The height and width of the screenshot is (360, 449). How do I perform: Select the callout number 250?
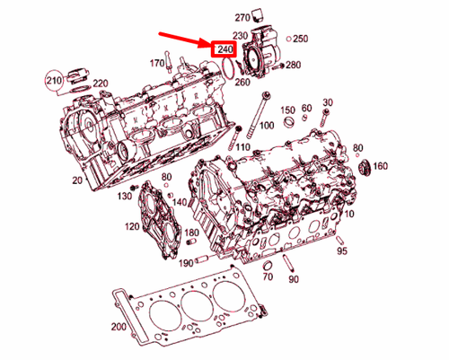(301, 39)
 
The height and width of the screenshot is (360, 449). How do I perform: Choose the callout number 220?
(100, 83)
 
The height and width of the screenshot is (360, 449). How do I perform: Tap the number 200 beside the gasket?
(119, 327)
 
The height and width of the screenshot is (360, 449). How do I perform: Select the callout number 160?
(380, 166)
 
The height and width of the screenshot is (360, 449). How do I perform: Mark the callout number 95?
(341, 251)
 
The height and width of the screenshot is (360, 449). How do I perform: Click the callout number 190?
(185, 263)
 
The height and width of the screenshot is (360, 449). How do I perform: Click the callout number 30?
(327, 102)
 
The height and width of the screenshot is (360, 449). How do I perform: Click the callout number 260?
(242, 83)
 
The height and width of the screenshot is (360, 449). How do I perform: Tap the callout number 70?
(268, 279)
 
